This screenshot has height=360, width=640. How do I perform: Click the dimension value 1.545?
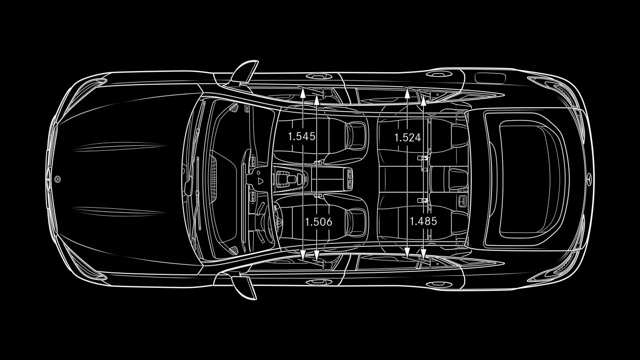click(x=302, y=136)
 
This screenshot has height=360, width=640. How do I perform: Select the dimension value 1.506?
click(x=319, y=222)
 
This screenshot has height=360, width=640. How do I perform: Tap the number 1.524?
click(x=408, y=138)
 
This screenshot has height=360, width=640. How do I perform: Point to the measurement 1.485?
click(x=423, y=221)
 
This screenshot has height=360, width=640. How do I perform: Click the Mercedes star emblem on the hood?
click(x=58, y=179)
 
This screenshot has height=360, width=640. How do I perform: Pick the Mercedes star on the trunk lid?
click(x=588, y=179)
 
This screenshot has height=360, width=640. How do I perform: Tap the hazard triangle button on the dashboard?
click(x=260, y=181)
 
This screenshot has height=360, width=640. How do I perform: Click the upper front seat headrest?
click(x=356, y=136)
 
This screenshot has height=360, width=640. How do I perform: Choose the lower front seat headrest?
click(x=356, y=223)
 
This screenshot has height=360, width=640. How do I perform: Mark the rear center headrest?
click(x=458, y=179)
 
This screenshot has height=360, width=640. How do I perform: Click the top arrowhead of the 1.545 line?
click(x=303, y=93)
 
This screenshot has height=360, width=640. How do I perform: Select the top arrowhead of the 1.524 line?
click(x=407, y=94)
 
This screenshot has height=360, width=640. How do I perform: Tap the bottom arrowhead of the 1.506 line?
click(x=316, y=255)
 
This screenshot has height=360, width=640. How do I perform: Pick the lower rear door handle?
click(x=439, y=284)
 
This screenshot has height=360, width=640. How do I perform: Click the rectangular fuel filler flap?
click(x=490, y=78)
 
